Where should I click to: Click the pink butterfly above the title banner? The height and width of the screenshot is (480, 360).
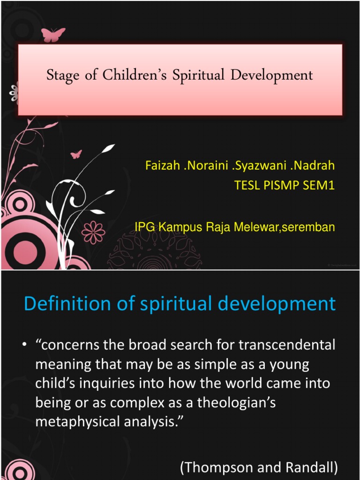(x=53, y=34)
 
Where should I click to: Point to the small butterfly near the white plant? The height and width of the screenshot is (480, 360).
(x=76, y=154)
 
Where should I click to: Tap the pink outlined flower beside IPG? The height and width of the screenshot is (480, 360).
(x=93, y=232)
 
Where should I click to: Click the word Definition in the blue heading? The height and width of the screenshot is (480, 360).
(x=62, y=304)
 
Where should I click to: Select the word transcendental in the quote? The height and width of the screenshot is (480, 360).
(x=287, y=345)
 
